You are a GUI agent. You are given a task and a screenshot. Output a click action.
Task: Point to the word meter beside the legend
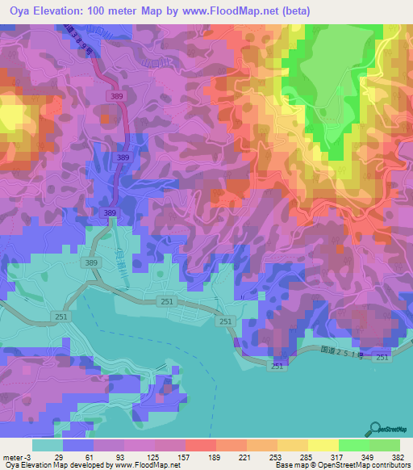[x=14, y=457]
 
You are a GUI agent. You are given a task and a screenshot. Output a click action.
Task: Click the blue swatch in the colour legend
[x=77, y=445]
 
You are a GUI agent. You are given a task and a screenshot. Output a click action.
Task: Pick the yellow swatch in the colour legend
[x=323, y=445]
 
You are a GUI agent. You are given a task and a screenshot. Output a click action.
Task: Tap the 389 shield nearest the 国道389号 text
[x=119, y=95]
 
